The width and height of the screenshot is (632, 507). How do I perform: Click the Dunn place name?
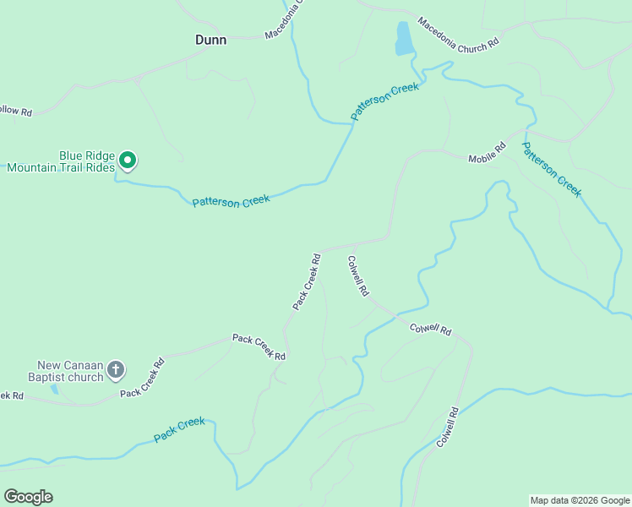click(x=210, y=40)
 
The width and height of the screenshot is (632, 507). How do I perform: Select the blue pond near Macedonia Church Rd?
click(x=404, y=38)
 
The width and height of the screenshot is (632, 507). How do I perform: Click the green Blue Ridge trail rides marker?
click(x=128, y=159)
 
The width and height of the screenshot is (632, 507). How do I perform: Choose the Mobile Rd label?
click(x=487, y=153)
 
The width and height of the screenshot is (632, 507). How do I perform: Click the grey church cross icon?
click(x=116, y=369)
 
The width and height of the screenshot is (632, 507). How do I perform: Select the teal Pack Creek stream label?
click(x=179, y=429)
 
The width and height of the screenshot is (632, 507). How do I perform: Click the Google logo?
click(x=28, y=496)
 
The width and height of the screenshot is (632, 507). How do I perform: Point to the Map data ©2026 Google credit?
click(x=580, y=500)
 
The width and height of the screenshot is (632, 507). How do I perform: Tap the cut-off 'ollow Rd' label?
click(x=15, y=111)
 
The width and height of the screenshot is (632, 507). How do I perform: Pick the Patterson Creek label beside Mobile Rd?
click(x=551, y=169)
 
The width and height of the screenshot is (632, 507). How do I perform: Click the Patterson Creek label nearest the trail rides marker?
click(x=231, y=201)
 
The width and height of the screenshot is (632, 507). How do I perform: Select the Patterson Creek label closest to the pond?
click(x=385, y=101)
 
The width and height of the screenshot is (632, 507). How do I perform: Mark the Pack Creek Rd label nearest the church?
click(x=142, y=379)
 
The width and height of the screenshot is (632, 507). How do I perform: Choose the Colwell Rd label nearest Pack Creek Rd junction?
click(x=357, y=275)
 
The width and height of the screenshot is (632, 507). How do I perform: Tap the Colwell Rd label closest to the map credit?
click(x=447, y=428)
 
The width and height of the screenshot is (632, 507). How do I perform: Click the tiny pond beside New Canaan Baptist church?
click(x=54, y=390)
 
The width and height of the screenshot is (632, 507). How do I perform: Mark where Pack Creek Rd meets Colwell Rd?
click(x=323, y=250)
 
